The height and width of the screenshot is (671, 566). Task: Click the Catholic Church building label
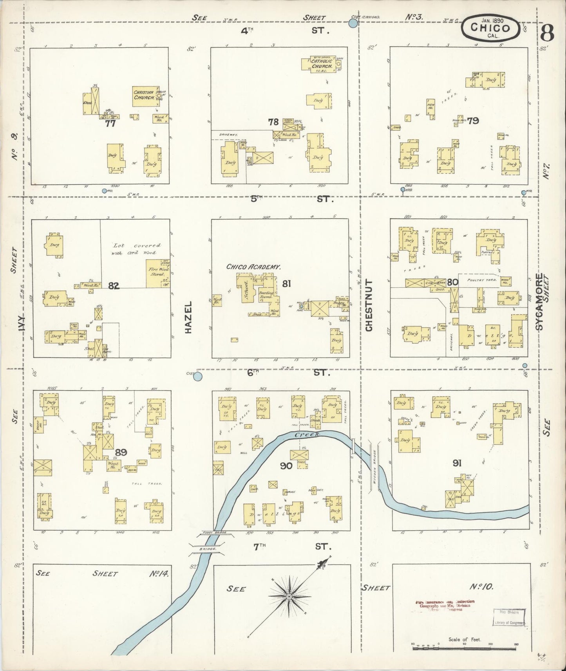tap(322, 64)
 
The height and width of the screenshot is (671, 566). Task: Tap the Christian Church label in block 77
tap(144, 95)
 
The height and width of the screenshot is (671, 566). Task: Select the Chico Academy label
tap(253, 267)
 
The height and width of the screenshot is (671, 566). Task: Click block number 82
tap(114, 286)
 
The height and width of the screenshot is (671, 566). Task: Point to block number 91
tap(457, 464)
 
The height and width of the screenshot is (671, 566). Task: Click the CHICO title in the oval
tap(490, 28)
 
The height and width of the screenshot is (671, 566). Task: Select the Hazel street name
tap(189, 317)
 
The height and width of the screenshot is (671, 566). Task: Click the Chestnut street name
tap(369, 305)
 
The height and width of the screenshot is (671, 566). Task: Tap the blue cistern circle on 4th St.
tap(353, 24)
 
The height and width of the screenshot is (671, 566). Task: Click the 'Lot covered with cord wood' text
tap(137, 249)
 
